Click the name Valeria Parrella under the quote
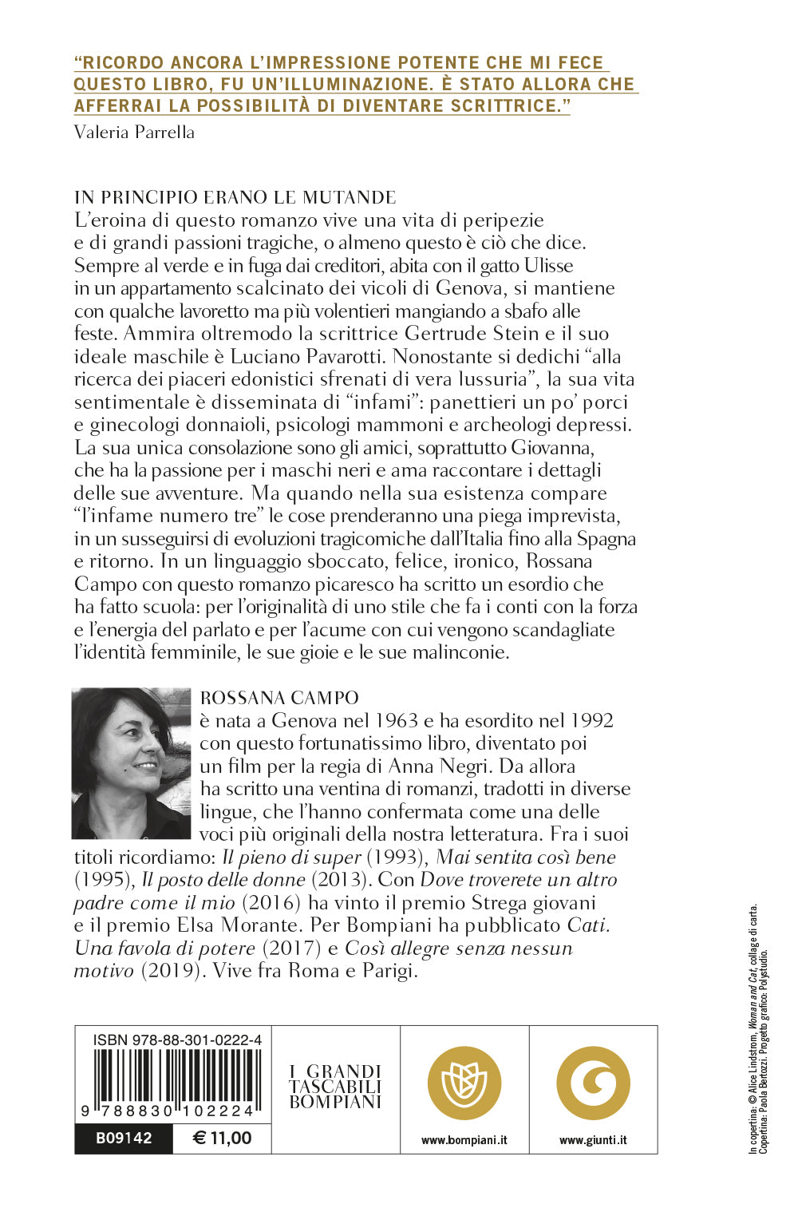[x=134, y=132]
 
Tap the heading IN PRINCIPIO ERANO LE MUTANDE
[x=235, y=197]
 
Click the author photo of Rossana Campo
[x=132, y=763]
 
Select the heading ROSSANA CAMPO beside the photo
[x=279, y=698]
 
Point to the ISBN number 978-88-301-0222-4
[x=177, y=1040]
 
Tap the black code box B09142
[x=124, y=1138]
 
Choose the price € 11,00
[x=223, y=1138]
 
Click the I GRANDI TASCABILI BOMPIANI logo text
[x=335, y=1087]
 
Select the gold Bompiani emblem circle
[x=464, y=1083]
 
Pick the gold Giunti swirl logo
[x=593, y=1083]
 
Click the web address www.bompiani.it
[x=464, y=1140]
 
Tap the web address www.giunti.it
[x=593, y=1140]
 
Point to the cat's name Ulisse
[x=548, y=265]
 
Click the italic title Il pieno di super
[x=291, y=857]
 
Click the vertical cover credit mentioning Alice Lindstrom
[x=753, y=1030]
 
